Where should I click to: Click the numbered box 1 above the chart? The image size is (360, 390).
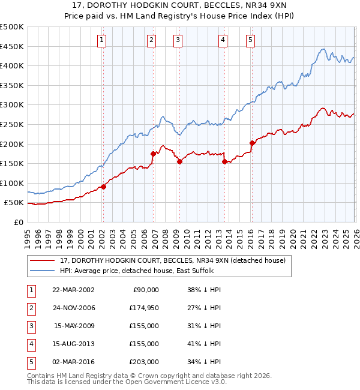click(x=102, y=40)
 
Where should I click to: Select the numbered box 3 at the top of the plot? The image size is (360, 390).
click(x=178, y=40)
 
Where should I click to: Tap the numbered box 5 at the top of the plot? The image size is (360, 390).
click(x=250, y=40)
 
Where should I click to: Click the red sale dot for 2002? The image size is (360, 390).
click(x=103, y=187)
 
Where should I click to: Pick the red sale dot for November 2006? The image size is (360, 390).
click(x=153, y=154)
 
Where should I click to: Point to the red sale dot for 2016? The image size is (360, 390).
click(x=251, y=143)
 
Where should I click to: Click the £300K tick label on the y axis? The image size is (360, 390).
click(x=12, y=105)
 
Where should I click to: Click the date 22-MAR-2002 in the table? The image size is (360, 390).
click(x=73, y=290)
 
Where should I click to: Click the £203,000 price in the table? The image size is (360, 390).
click(x=144, y=362)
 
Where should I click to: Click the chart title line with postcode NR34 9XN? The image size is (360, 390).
click(x=180, y=7)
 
